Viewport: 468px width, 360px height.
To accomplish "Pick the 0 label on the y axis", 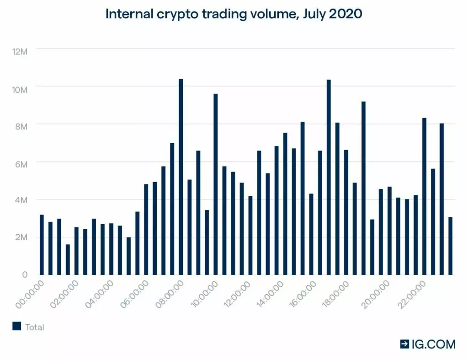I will point(26,274).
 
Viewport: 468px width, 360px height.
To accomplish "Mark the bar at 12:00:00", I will point(250,235).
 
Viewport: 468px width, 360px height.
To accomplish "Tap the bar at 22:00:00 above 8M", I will point(424,196).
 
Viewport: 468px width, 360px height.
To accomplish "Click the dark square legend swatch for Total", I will point(17,326).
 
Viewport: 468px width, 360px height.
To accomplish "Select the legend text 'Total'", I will point(35,327).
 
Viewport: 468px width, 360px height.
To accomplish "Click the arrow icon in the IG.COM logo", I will point(404,344).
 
